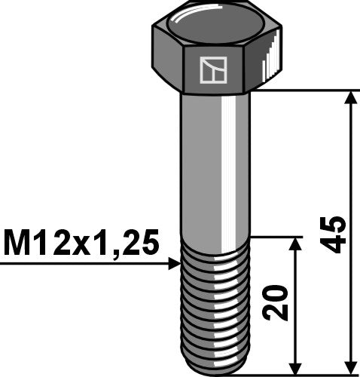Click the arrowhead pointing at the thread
(175, 263)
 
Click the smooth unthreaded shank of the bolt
(215, 166)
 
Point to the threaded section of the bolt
(215, 302)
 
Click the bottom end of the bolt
(215, 367)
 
